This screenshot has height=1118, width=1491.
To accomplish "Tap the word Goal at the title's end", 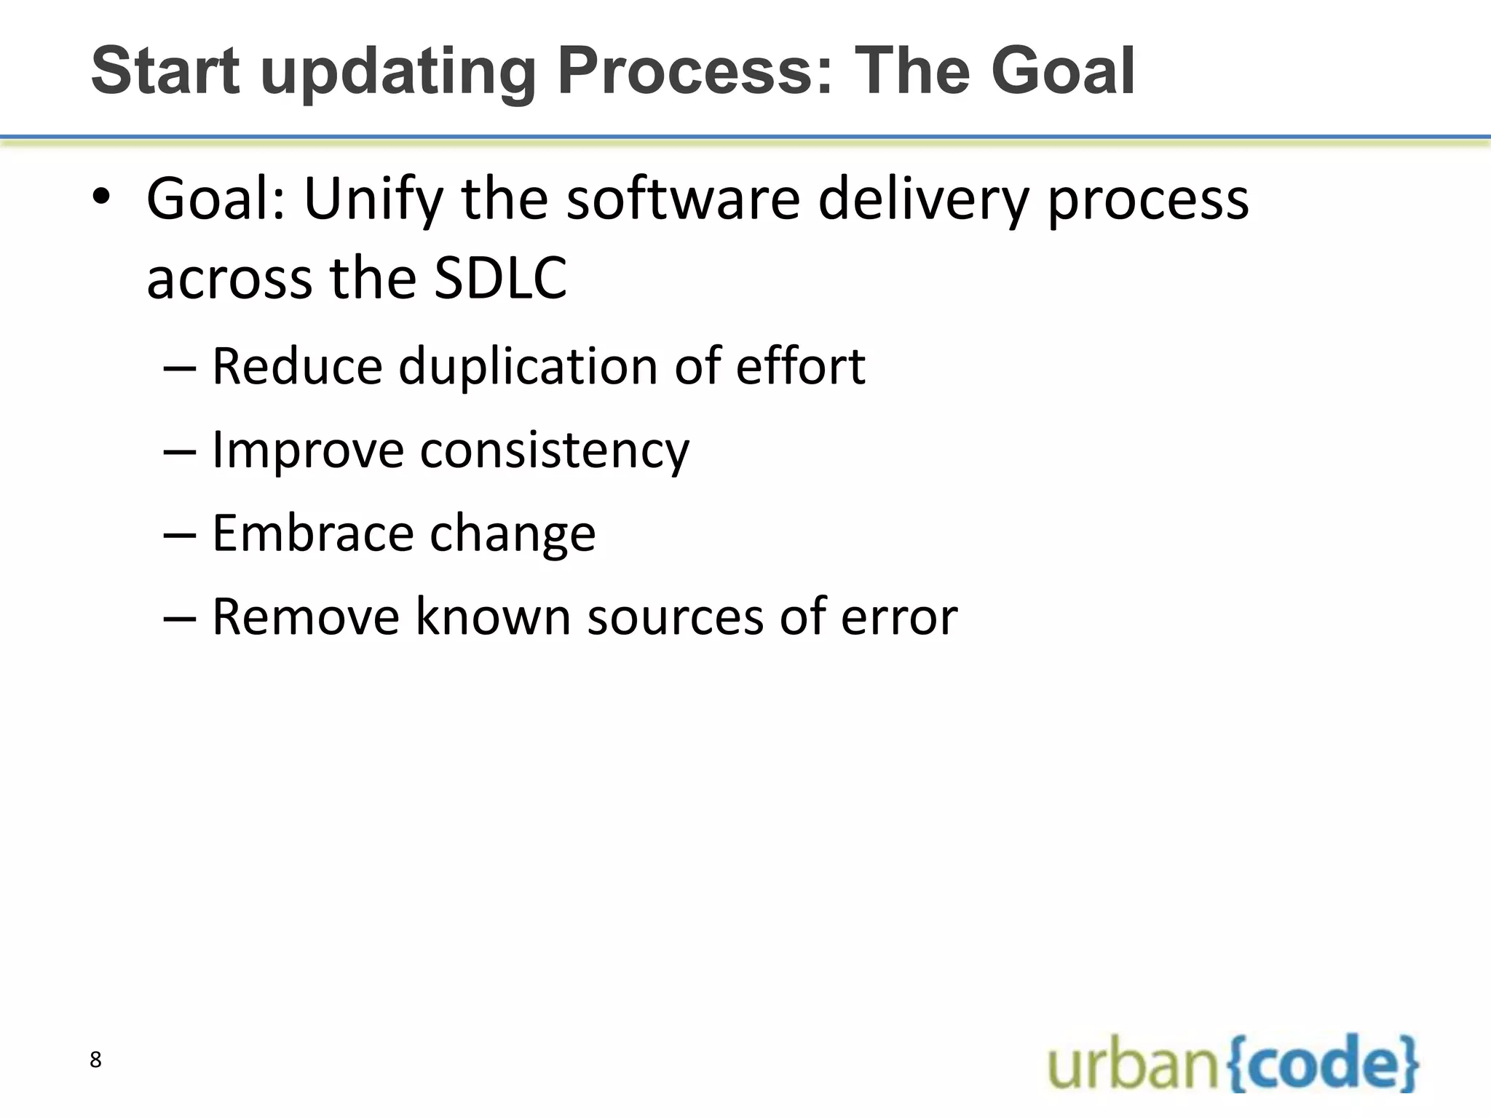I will [x=1062, y=71].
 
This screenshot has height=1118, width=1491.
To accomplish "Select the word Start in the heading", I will [x=165, y=71].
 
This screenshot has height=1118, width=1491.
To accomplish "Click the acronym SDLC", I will [x=500, y=279].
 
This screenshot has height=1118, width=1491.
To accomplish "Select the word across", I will [x=229, y=280].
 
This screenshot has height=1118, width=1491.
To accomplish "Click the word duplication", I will [x=528, y=365].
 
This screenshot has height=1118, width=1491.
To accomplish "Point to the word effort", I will [x=800, y=365].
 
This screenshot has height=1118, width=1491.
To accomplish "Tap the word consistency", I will [x=554, y=451].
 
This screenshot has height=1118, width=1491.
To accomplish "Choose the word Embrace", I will [x=312, y=534].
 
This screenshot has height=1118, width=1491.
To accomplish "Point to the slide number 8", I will [x=95, y=1060].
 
